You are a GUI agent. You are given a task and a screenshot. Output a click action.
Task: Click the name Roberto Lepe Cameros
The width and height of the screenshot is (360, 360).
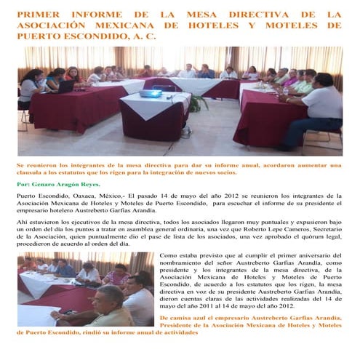coord(274,228)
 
